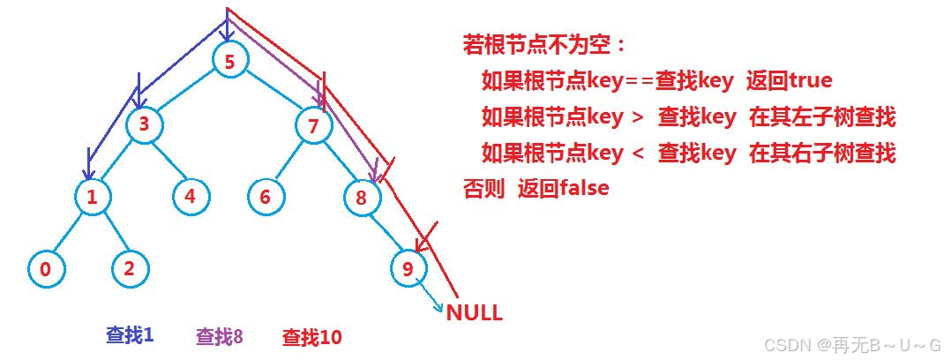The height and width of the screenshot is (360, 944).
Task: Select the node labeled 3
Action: [144, 125]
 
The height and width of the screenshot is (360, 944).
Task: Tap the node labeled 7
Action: [313, 125]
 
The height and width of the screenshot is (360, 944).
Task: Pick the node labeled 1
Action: [92, 197]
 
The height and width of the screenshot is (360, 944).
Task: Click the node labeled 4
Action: [191, 196]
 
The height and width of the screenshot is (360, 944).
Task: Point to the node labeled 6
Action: [266, 196]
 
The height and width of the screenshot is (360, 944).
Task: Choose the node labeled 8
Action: [361, 198]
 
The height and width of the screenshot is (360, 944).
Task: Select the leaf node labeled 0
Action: [45, 270]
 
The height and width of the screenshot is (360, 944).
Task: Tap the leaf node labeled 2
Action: [129, 268]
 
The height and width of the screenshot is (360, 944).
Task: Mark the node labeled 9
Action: [408, 269]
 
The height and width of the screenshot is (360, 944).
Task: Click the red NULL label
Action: [474, 312]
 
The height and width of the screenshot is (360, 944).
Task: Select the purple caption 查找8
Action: [219, 336]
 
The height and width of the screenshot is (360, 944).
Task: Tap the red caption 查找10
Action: [311, 336]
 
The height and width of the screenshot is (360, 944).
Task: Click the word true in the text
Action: [811, 81]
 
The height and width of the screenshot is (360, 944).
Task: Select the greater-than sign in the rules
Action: [639, 117]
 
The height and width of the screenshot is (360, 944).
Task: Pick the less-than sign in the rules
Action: [639, 154]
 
